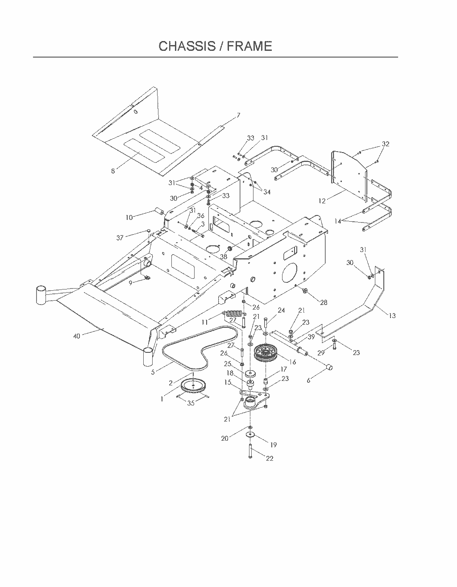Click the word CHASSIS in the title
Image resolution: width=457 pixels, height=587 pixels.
187,46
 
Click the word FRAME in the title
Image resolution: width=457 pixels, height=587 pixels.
249,46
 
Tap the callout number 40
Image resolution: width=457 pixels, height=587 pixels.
77,336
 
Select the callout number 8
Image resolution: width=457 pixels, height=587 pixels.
113,171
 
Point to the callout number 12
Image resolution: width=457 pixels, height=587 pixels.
322,201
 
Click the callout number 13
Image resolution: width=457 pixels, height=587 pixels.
392,315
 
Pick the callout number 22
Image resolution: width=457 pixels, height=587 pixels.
270,459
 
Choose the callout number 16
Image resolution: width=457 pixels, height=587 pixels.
293,362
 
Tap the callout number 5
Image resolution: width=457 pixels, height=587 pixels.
153,372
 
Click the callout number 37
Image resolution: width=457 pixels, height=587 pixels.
120,238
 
